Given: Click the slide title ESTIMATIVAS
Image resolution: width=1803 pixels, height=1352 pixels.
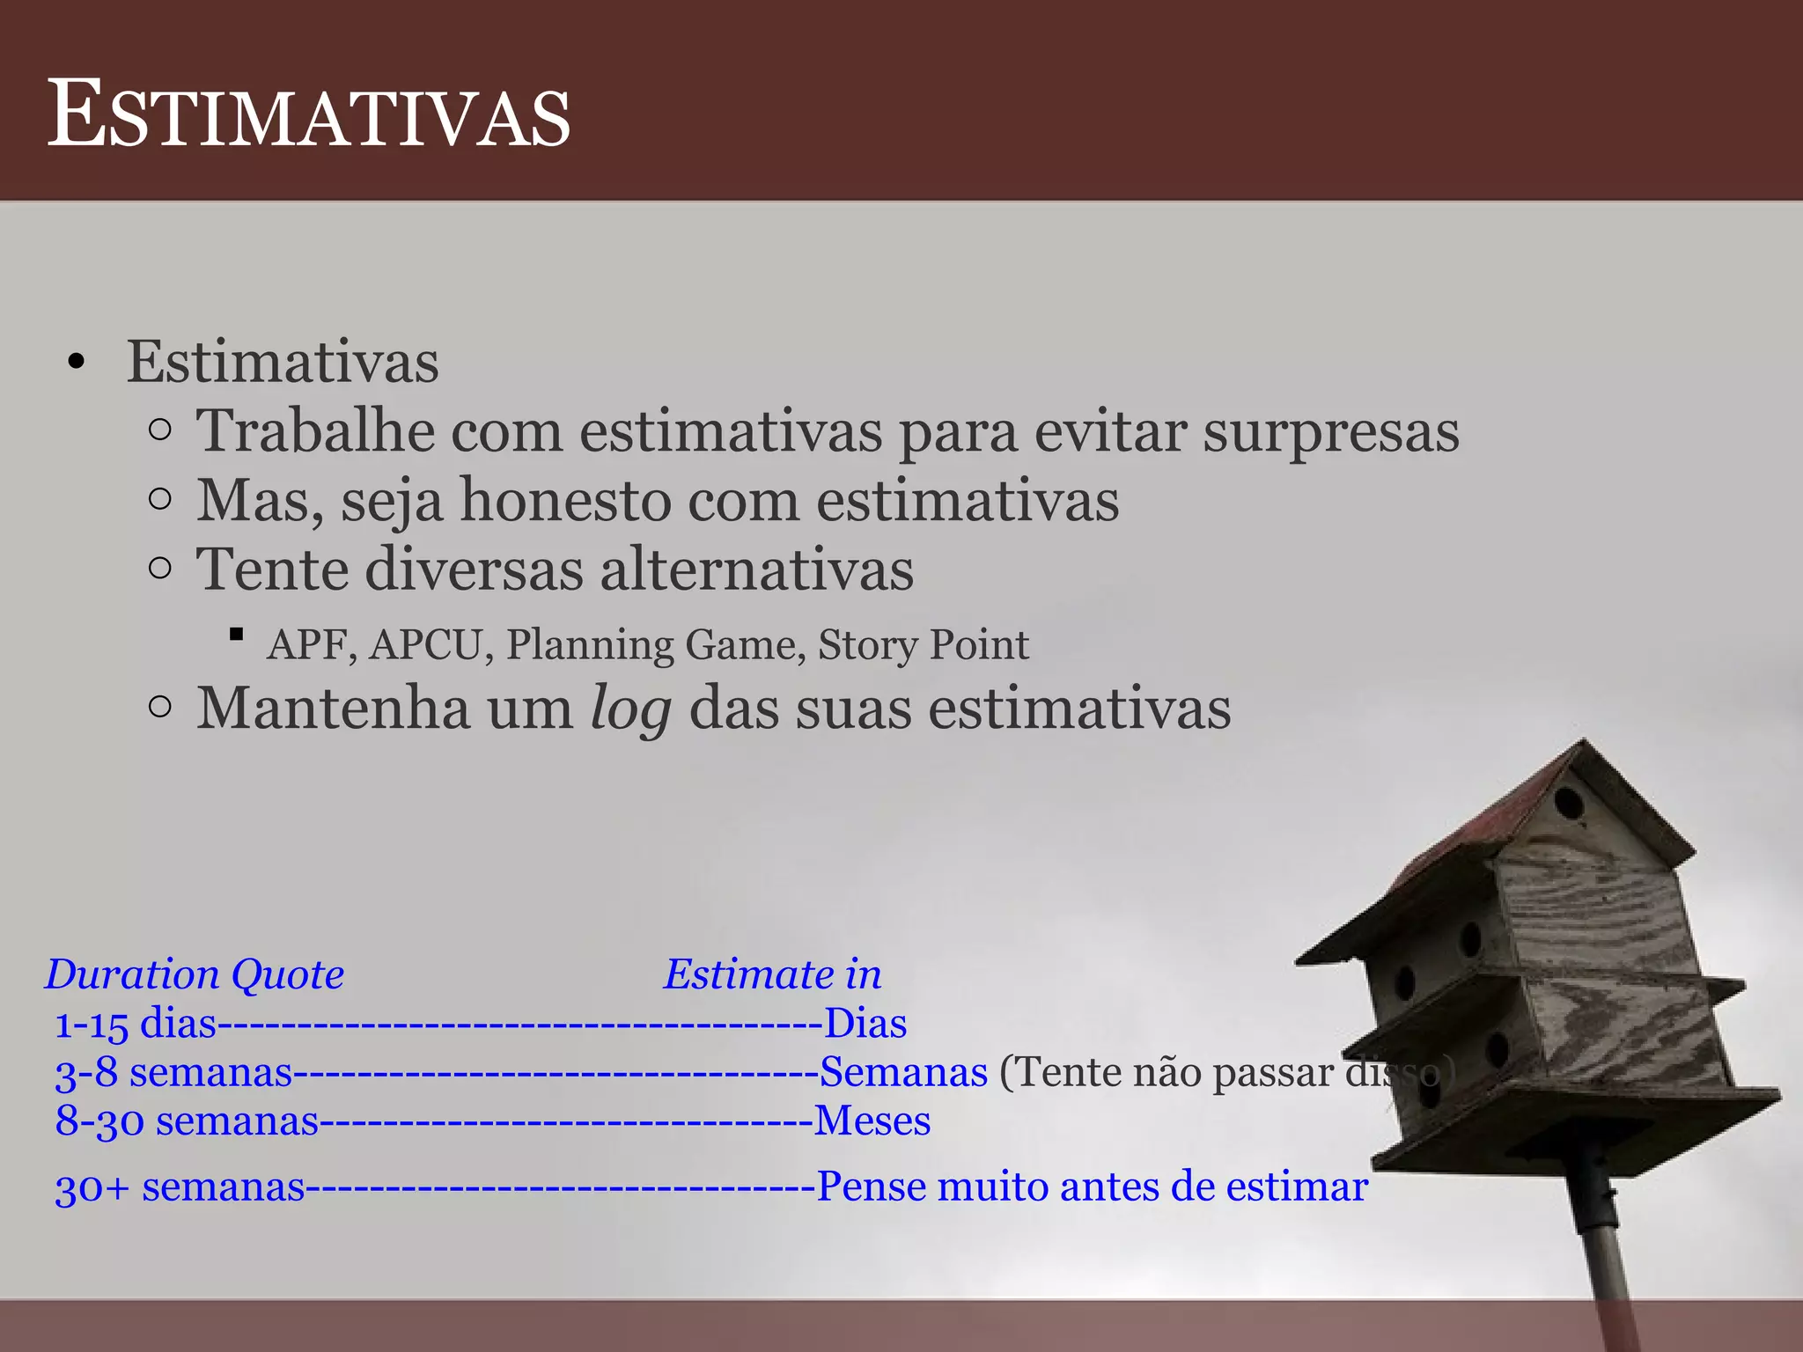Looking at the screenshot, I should point(308,114).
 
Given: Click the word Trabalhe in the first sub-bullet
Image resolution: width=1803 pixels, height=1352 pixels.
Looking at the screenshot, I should point(315,431).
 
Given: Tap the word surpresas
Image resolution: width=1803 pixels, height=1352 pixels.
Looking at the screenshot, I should point(1330,431).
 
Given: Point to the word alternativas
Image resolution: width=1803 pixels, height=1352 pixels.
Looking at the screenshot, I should point(756,569).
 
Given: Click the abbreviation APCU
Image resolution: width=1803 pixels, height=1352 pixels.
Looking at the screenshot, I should point(425,644).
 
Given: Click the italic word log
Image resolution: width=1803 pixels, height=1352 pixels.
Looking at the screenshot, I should point(630,709).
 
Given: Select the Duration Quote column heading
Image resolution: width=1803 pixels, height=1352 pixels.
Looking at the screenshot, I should point(195,974).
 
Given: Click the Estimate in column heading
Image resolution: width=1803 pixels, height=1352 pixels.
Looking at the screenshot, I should point(772,974).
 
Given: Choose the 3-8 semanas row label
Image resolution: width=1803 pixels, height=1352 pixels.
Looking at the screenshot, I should point(173,1072).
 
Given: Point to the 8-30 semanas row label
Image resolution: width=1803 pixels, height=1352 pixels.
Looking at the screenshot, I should point(187,1121).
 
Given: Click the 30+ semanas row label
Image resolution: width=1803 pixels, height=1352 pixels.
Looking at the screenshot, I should point(180,1187).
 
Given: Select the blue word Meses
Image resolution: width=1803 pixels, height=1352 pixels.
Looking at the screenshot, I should point(872,1121).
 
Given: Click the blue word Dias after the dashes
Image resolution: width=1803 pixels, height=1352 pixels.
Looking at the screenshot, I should point(865,1024).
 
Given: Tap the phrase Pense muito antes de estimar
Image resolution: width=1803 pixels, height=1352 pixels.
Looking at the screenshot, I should point(1092,1187).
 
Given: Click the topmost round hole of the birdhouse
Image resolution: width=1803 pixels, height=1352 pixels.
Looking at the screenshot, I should point(1568,803).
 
